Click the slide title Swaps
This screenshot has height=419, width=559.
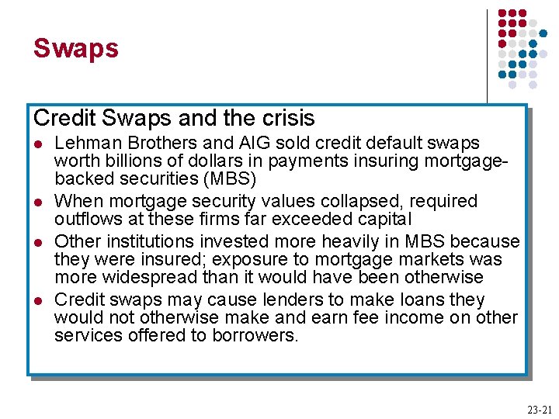(75, 49)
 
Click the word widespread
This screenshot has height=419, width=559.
(157, 277)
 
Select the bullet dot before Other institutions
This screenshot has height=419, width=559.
(38, 242)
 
